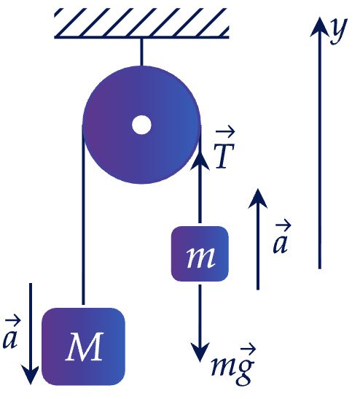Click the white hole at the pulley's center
click(141, 125)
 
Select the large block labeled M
click(83, 346)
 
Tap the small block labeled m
click(200, 254)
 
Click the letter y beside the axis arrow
click(339, 31)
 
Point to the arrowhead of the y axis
click(320, 27)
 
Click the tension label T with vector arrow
click(224, 150)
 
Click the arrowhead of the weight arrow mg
click(200, 352)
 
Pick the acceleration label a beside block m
click(281, 239)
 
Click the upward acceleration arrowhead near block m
click(258, 198)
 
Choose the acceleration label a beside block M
click(11, 333)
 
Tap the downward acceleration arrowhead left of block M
click(31, 375)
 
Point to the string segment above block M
click(83, 215)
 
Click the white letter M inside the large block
click(85, 346)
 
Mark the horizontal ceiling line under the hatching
click(141, 37)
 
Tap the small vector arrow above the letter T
click(225, 132)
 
